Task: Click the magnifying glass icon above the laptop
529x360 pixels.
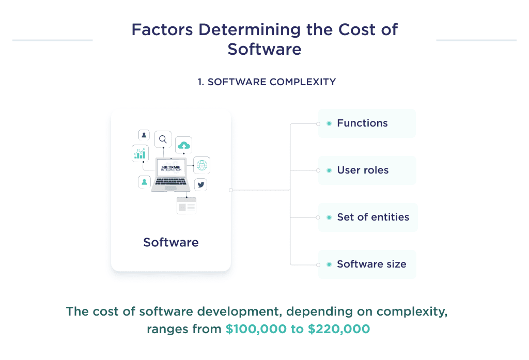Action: (163, 139)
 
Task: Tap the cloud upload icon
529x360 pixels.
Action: (183, 146)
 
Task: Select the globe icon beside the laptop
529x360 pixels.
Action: (201, 165)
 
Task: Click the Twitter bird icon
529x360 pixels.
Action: (200, 185)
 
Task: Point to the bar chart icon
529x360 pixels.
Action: (140, 153)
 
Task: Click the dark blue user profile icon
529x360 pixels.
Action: (144, 135)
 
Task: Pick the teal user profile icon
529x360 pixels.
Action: (144, 182)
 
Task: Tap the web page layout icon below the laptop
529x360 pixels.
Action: (186, 206)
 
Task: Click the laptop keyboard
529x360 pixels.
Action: (170, 181)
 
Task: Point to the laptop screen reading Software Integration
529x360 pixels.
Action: (170, 168)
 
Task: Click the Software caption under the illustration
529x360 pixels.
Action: (170, 242)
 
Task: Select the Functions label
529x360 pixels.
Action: (362, 123)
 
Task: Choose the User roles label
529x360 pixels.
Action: (363, 170)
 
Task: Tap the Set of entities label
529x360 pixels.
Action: (373, 217)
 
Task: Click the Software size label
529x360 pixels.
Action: (371, 264)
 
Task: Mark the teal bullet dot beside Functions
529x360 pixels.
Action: (329, 123)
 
